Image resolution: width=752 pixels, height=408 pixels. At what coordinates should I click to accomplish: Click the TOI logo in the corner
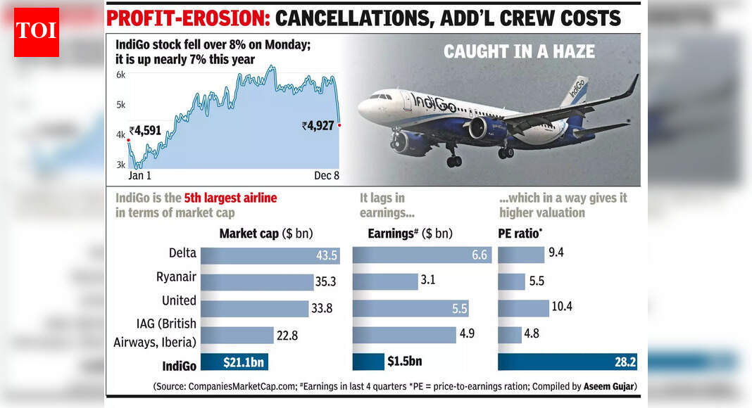pos(37,32)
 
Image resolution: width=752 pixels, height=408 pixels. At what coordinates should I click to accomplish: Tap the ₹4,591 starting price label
pos(146,130)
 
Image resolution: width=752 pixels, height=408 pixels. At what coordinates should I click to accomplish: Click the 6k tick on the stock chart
pos(120,75)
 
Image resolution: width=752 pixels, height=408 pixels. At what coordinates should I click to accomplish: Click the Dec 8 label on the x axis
pos(326,176)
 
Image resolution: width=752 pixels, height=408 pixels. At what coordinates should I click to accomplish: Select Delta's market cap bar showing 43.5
pos(270,256)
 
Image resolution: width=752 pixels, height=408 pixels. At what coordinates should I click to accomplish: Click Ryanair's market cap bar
pos(257,282)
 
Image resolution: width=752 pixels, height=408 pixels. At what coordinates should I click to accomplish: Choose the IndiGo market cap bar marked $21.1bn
pos(234,362)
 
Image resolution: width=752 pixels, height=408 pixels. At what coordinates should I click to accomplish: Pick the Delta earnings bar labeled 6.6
pos(420,256)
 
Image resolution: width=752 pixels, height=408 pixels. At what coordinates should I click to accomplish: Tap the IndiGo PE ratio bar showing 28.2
pos(567,362)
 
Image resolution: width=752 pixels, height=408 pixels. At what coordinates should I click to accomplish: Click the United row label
pos(179,300)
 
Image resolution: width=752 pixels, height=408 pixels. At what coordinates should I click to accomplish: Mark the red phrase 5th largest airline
pos(230,198)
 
